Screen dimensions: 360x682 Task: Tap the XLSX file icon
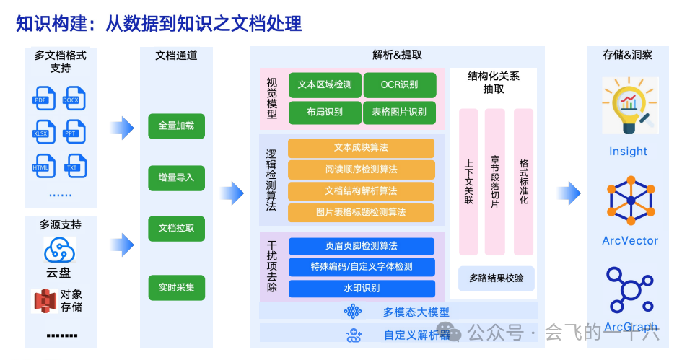43,131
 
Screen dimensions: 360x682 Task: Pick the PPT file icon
72,131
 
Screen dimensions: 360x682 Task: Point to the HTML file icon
43,165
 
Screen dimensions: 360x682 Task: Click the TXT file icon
72,165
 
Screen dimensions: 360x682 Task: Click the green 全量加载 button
176,126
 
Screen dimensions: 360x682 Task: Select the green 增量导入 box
176,177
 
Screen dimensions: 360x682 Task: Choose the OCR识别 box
400,84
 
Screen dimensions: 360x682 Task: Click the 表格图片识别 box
400,112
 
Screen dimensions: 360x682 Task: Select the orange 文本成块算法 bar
361,148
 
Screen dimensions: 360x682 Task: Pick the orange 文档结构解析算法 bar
361,191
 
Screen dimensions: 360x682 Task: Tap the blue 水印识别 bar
361,289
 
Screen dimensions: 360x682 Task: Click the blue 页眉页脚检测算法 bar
361,246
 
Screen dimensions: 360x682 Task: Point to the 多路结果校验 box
496,278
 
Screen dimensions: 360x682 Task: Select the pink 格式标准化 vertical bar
524,182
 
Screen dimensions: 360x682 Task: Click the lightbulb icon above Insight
628,107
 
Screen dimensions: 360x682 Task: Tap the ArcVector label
630,240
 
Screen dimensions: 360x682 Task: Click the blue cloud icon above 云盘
59,250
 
